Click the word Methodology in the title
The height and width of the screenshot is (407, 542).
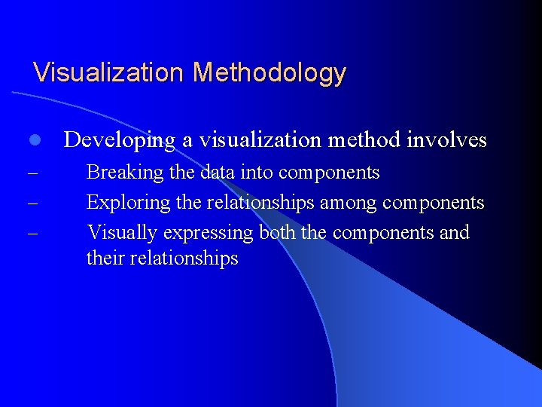tap(269, 73)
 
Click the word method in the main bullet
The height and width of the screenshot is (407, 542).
tap(364, 140)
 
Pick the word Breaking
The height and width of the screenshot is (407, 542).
tap(125, 173)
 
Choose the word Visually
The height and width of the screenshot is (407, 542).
tap(120, 232)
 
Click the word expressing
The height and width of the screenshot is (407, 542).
tap(206, 233)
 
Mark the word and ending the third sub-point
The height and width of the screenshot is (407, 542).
tap(454, 232)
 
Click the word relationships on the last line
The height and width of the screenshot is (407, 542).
tap(184, 259)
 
